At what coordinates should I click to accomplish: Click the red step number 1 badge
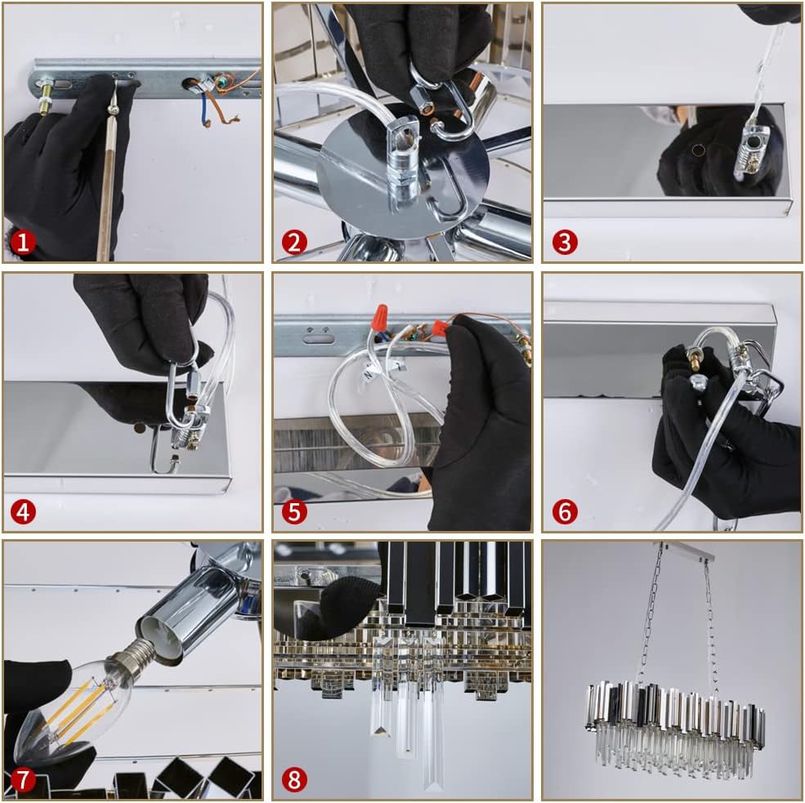23,242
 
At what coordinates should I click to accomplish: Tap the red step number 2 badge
294,242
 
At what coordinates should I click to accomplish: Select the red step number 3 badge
565,242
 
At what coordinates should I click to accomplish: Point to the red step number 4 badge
23,511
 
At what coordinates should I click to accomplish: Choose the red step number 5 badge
294,511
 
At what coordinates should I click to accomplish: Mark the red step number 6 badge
565,511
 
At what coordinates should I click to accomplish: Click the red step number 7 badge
23,780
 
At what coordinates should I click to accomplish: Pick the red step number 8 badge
294,780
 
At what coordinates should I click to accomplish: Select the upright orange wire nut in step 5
379,317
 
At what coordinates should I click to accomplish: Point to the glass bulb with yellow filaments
72,708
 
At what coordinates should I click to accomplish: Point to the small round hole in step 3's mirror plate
698,150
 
